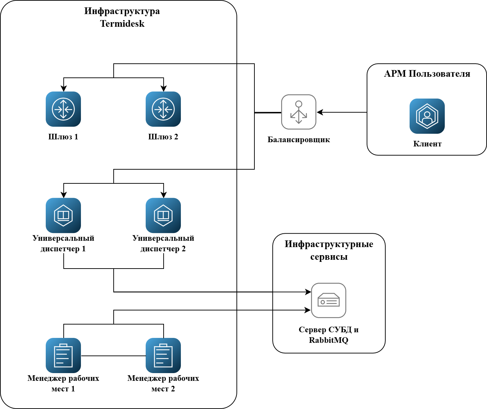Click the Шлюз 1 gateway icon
pos(63,109)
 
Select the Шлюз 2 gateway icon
pos(163,109)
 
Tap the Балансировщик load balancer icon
pos(299,112)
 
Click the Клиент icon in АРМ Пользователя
pos(427,116)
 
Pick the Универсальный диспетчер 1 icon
pos(63,215)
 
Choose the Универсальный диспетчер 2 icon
pos(163,215)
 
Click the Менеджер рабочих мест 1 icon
pos(63,355)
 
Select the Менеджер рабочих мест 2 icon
pos(163,355)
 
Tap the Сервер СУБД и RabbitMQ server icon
pos(329,300)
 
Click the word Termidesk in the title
pos(122,24)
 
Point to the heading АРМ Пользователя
pos(427,74)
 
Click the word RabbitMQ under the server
pos(329,340)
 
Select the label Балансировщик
pos(299,140)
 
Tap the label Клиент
pos(427,144)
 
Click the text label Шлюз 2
pos(163,137)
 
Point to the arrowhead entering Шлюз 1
pos(64,89)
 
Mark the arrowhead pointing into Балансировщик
pos(320,112)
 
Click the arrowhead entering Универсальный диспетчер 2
pos(164,195)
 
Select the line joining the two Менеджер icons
pos(113,356)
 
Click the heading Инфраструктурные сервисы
pos(329,250)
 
